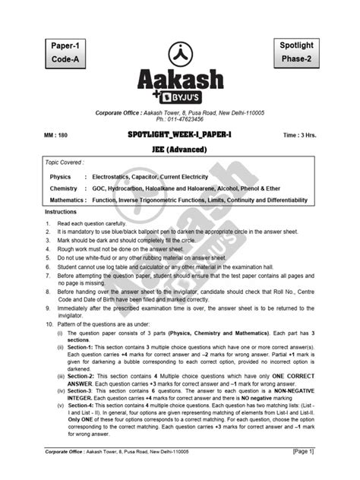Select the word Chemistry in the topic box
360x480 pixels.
coord(65,188)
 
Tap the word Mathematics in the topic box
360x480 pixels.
coord(69,200)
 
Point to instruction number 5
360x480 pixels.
coord(48,257)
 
